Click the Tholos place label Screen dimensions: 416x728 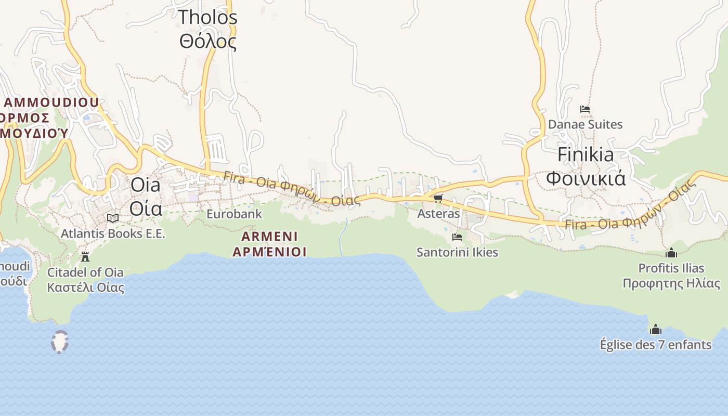pyautogui.click(x=208, y=29)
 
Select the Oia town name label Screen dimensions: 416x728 pyautogui.click(x=146, y=196)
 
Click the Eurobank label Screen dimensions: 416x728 pyautogui.click(x=234, y=214)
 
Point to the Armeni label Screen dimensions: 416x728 pyautogui.click(x=269, y=244)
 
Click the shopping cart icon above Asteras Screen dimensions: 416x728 pyautogui.click(x=438, y=199)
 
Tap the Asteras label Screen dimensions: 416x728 pyautogui.click(x=438, y=214)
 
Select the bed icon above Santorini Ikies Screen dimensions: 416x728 pyautogui.click(x=457, y=237)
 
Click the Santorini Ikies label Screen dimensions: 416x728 pyautogui.click(x=457, y=253)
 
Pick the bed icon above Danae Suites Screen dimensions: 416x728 pyautogui.click(x=585, y=109)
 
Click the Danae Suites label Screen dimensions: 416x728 pyautogui.click(x=585, y=125)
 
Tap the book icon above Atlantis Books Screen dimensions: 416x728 pyautogui.click(x=113, y=218)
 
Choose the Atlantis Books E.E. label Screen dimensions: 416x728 pyautogui.click(x=113, y=233)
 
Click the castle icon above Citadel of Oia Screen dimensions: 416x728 pyautogui.click(x=85, y=256)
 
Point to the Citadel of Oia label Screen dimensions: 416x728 pyautogui.click(x=85, y=279)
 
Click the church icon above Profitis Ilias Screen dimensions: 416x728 pyautogui.click(x=671, y=253)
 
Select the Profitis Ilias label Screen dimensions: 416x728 pyautogui.click(x=671, y=276)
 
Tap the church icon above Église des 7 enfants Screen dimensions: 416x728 pyautogui.click(x=656, y=329)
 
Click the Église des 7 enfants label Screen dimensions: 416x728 pyautogui.click(x=656, y=344)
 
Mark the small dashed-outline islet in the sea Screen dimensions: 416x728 pyautogui.click(x=60, y=342)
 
